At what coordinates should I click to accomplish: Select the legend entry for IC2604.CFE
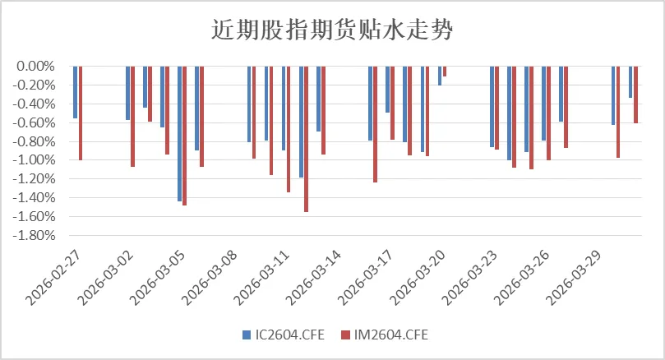pos(284,335)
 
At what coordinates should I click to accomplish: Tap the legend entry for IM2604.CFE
pos(386,335)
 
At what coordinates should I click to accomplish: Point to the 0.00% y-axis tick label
pos(35,66)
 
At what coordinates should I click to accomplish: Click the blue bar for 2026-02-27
pos(75,92)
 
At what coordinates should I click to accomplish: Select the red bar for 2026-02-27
pos(81,113)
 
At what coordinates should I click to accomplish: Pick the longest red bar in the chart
pos(307,139)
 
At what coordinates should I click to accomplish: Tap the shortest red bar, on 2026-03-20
pos(445,72)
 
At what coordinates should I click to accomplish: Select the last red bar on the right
pos(636,95)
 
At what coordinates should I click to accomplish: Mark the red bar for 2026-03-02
pos(132,116)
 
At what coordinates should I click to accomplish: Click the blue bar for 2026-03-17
pos(371,103)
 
